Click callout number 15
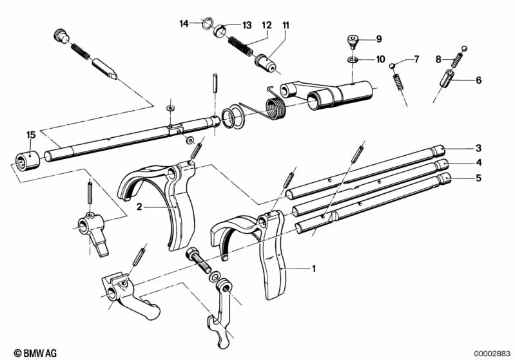click(x=30, y=135)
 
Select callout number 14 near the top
click(x=184, y=24)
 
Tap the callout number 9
click(x=379, y=39)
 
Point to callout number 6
click(x=478, y=80)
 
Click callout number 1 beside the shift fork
click(x=314, y=269)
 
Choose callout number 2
click(x=139, y=207)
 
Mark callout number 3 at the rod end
click(x=478, y=148)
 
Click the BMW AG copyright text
click(x=35, y=353)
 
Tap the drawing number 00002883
click(x=492, y=354)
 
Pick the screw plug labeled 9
click(x=353, y=42)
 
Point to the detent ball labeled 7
click(x=392, y=66)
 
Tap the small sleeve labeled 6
click(x=447, y=79)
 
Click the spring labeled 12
click(x=240, y=46)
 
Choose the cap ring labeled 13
click(x=220, y=31)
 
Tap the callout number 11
click(x=286, y=25)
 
